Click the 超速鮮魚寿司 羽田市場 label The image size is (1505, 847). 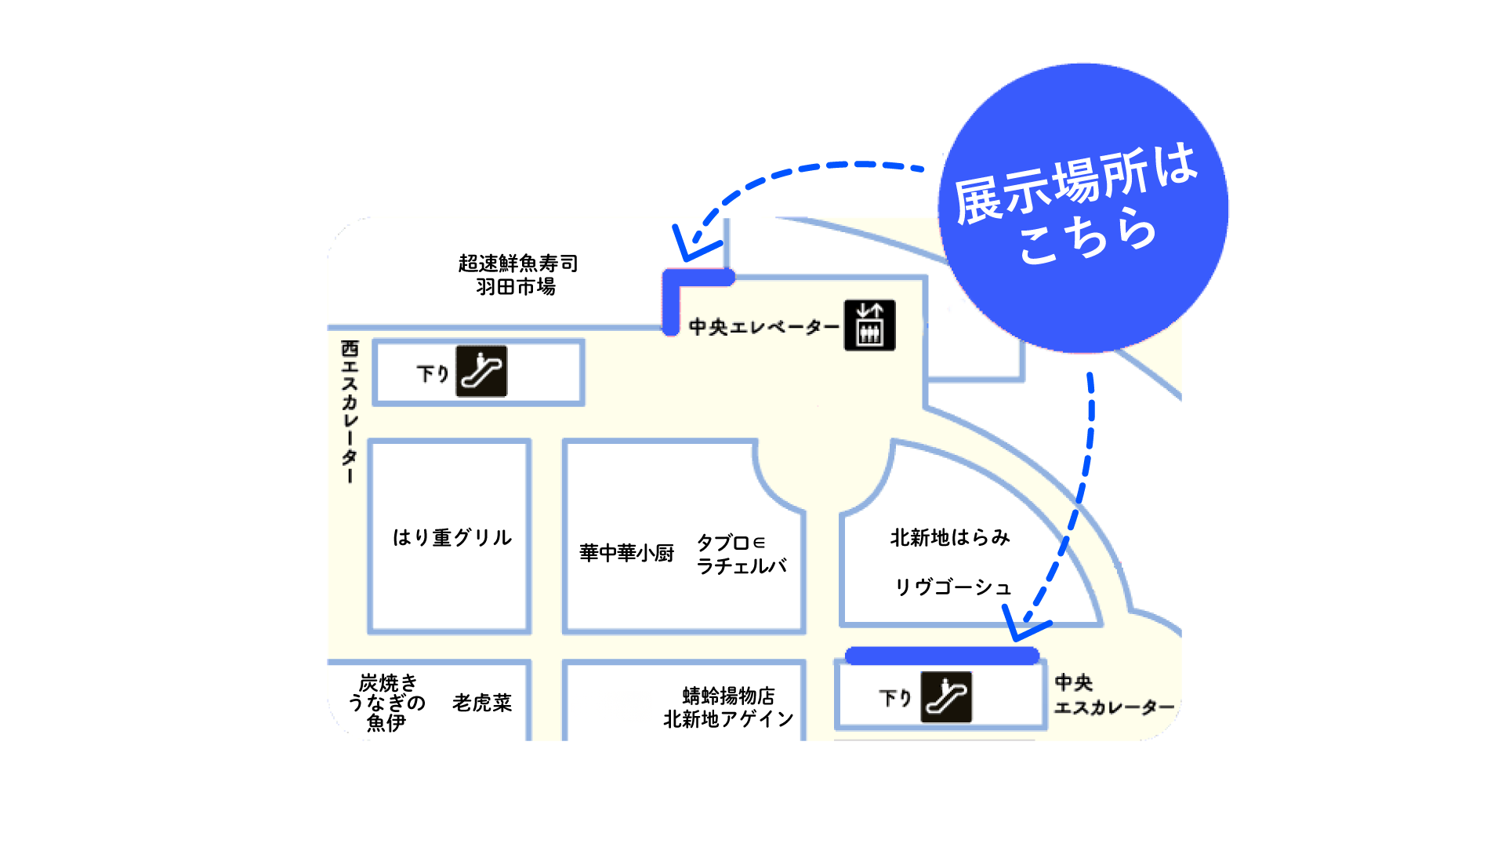point(518,275)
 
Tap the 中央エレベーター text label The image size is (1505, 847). point(763,326)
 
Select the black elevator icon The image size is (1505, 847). point(869,325)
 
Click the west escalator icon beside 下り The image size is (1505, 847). point(481,372)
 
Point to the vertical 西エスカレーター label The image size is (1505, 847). point(350,412)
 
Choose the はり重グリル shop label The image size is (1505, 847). point(452,537)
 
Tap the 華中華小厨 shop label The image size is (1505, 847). point(626,553)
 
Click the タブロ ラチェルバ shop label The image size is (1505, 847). point(741,554)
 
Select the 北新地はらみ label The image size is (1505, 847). point(950,537)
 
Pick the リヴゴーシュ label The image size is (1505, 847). point(953,587)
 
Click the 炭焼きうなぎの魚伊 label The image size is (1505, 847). point(387,703)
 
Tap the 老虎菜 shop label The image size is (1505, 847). point(482,703)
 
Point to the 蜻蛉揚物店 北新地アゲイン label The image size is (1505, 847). point(728,707)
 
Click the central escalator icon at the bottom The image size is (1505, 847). point(946,697)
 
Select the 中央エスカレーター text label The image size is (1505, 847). point(1114,695)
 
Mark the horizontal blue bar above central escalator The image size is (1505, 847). point(942,656)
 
